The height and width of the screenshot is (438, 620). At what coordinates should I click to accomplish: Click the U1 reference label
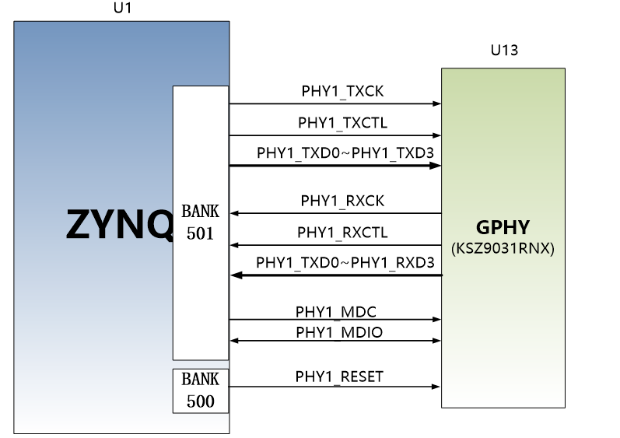click(x=122, y=9)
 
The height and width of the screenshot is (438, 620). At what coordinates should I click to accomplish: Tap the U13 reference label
click(x=504, y=51)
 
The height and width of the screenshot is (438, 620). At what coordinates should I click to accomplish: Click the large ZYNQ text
click(x=120, y=224)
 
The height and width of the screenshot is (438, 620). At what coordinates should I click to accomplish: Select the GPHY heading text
click(x=503, y=227)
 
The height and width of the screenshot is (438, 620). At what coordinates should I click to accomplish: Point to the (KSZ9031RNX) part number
click(x=503, y=248)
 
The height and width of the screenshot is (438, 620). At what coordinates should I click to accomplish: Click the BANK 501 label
click(x=201, y=223)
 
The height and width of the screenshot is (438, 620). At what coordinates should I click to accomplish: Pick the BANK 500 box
click(x=201, y=391)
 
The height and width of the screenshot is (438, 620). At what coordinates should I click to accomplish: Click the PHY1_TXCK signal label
click(x=342, y=91)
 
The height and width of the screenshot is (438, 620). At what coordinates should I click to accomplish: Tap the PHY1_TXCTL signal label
click(x=342, y=123)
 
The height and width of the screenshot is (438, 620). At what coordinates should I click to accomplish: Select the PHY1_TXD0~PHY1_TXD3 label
click(x=345, y=153)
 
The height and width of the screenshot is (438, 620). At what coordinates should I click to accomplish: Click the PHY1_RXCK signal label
click(x=342, y=201)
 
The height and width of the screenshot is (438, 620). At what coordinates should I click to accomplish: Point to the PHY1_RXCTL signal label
click(x=342, y=233)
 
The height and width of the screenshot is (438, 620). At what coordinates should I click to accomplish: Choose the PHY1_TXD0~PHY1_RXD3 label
click(x=345, y=262)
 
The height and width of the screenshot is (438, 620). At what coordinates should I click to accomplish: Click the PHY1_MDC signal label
click(x=336, y=312)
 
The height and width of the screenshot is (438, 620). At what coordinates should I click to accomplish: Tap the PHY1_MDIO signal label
click(x=339, y=332)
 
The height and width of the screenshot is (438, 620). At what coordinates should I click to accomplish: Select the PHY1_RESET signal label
click(x=339, y=377)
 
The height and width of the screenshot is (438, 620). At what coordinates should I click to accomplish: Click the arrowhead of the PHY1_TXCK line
click(x=437, y=103)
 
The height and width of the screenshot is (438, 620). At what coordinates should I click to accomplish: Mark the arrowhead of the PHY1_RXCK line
click(x=234, y=213)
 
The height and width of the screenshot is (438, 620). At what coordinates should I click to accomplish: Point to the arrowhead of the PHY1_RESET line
click(x=436, y=387)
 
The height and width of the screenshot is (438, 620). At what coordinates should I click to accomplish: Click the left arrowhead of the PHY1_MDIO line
click(x=234, y=341)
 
